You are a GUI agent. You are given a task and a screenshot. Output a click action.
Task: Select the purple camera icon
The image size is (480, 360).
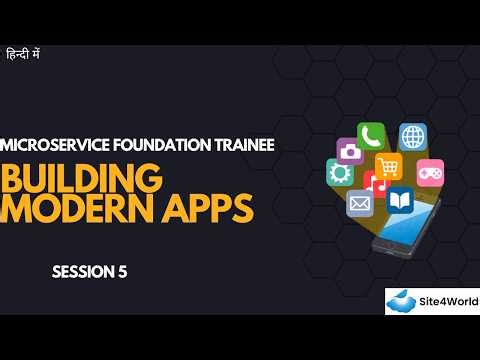click(x=349, y=151)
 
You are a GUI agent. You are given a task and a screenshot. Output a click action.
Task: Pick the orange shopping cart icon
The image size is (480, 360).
click(x=388, y=166)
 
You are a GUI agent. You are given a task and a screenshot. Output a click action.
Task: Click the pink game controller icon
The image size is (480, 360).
click(x=430, y=171)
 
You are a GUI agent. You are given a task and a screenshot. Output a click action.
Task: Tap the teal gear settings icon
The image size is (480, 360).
click(x=340, y=173)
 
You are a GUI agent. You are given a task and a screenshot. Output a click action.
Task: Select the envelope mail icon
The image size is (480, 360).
click(x=359, y=203)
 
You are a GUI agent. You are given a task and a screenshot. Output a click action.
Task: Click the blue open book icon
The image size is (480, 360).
click(x=400, y=199)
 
